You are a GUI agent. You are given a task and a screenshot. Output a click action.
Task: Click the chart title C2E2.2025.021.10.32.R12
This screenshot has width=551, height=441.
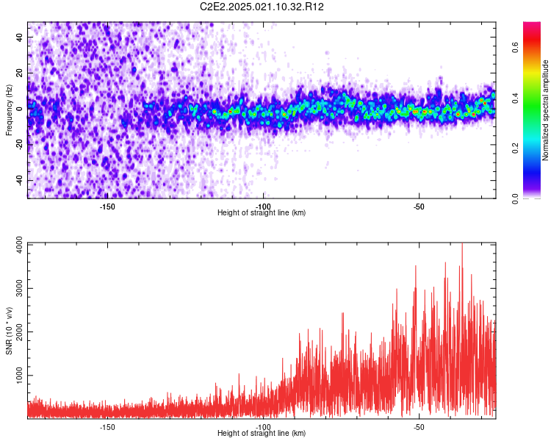[x=262, y=7]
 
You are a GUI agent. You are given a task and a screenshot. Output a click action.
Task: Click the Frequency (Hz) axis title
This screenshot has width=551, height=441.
[x=9, y=110]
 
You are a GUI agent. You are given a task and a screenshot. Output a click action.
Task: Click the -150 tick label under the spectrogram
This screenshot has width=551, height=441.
[x=107, y=206]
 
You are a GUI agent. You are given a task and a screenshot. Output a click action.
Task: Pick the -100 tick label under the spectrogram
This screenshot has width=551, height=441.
[x=263, y=206]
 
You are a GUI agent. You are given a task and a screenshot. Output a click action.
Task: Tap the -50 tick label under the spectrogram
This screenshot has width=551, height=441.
[x=419, y=206]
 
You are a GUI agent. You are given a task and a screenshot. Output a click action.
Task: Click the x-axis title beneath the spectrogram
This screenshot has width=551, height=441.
[x=262, y=213]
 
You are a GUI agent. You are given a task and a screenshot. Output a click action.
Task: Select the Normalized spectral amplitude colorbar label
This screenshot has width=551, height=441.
[x=546, y=110]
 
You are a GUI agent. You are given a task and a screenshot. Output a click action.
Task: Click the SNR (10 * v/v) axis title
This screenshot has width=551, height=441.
[x=9, y=332]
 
